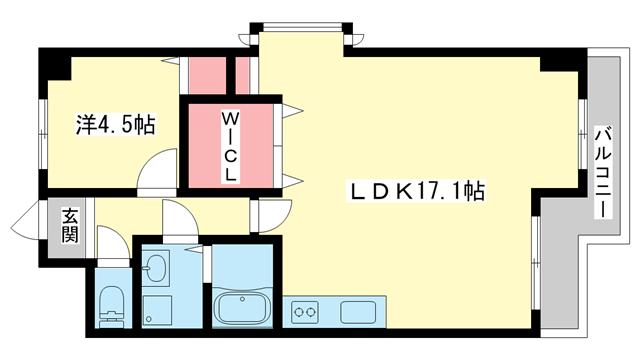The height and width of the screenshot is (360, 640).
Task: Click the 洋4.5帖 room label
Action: coord(116,125)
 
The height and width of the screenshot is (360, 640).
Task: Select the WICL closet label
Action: coord(230,145)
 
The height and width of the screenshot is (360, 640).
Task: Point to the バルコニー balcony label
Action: coord(603,171)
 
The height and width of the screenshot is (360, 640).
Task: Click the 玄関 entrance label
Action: coord(70,224)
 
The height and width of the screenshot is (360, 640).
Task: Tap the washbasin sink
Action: coord(156,268)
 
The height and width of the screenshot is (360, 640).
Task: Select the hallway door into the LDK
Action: coord(270,215)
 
